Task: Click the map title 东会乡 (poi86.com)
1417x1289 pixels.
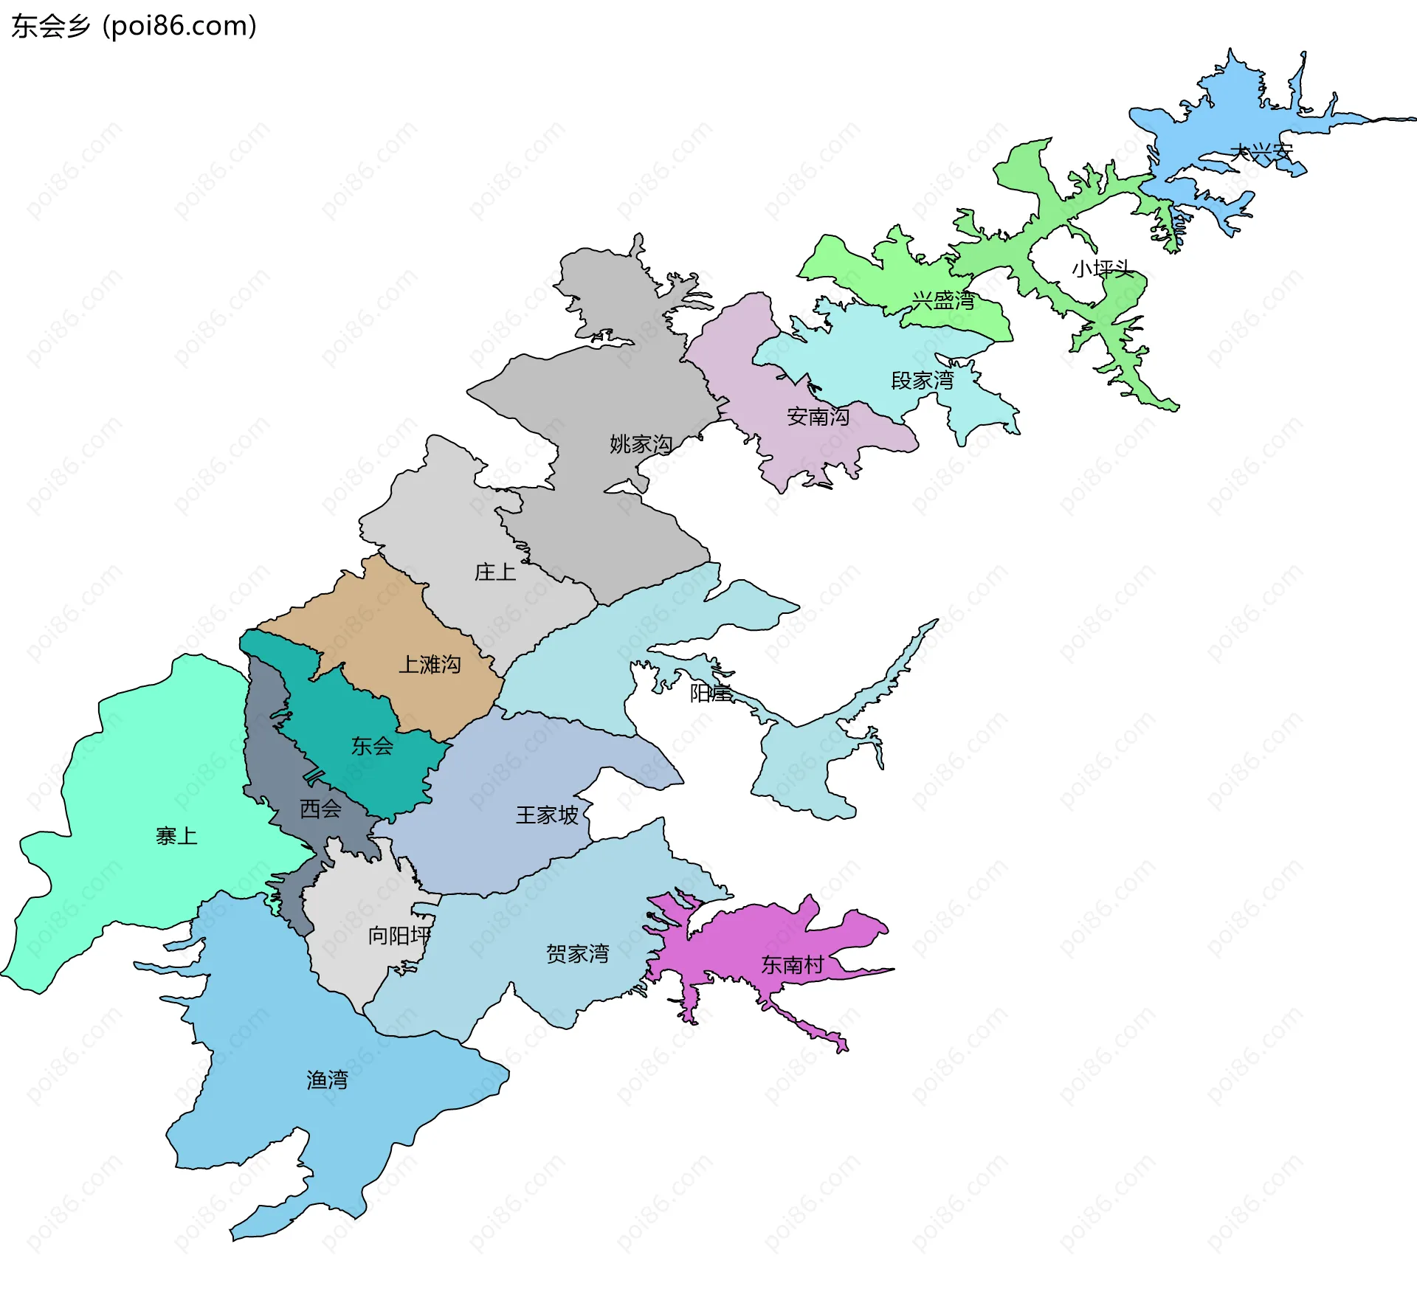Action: (134, 26)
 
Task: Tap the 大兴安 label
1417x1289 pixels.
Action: (1261, 153)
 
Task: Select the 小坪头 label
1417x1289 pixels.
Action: (1102, 269)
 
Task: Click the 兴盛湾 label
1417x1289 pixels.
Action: (943, 300)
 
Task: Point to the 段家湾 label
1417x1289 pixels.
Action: (923, 381)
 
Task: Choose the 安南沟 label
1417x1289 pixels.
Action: (818, 417)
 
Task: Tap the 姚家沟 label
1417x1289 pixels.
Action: (641, 444)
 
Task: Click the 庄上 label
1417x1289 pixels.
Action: (494, 572)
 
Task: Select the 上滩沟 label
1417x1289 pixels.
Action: (430, 665)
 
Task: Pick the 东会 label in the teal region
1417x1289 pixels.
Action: (372, 746)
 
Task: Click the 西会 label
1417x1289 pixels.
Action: (320, 809)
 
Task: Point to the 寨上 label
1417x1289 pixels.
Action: (176, 836)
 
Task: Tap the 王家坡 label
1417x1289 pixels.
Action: (547, 815)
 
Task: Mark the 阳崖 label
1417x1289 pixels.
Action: (710, 693)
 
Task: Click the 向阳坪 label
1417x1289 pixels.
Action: (399, 936)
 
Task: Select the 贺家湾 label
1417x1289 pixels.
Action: (577, 954)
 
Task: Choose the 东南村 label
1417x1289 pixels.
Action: (792, 965)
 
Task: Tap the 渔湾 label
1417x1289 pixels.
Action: (327, 1080)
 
